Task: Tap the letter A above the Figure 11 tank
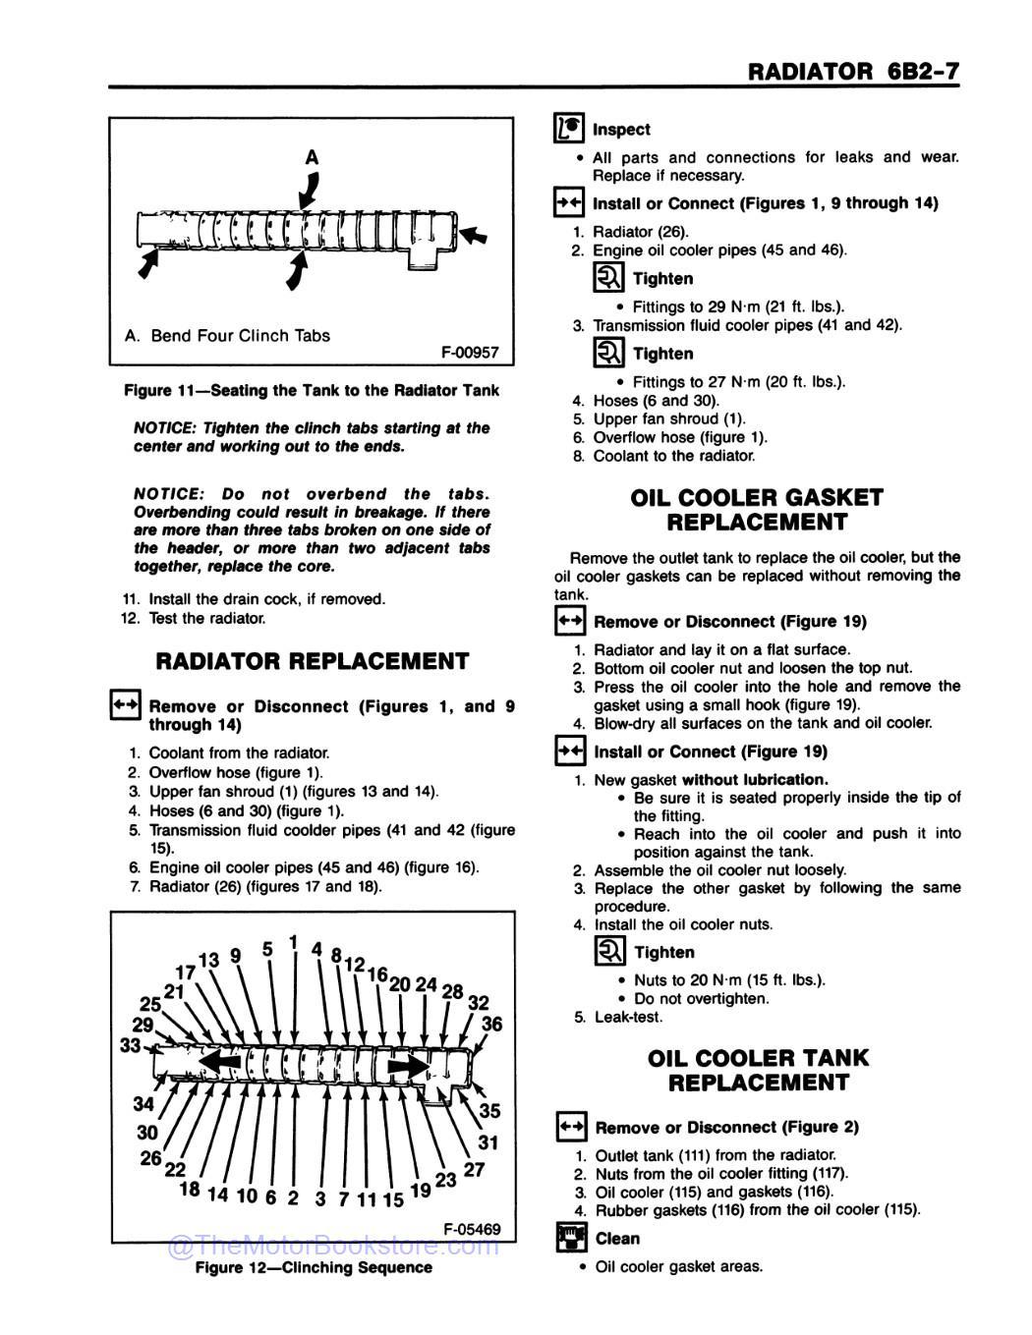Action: [313, 157]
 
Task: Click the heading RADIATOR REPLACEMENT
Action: [313, 661]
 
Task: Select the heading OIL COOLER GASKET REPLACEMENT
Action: [757, 510]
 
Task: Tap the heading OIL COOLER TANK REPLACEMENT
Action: [758, 1070]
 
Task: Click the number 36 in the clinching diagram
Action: [491, 1024]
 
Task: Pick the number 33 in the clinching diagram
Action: [131, 1045]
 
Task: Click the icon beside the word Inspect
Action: [568, 129]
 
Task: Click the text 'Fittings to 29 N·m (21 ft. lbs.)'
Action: [738, 306]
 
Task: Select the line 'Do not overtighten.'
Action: [702, 998]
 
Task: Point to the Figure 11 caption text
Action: [312, 390]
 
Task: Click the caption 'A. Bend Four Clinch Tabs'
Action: [227, 335]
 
